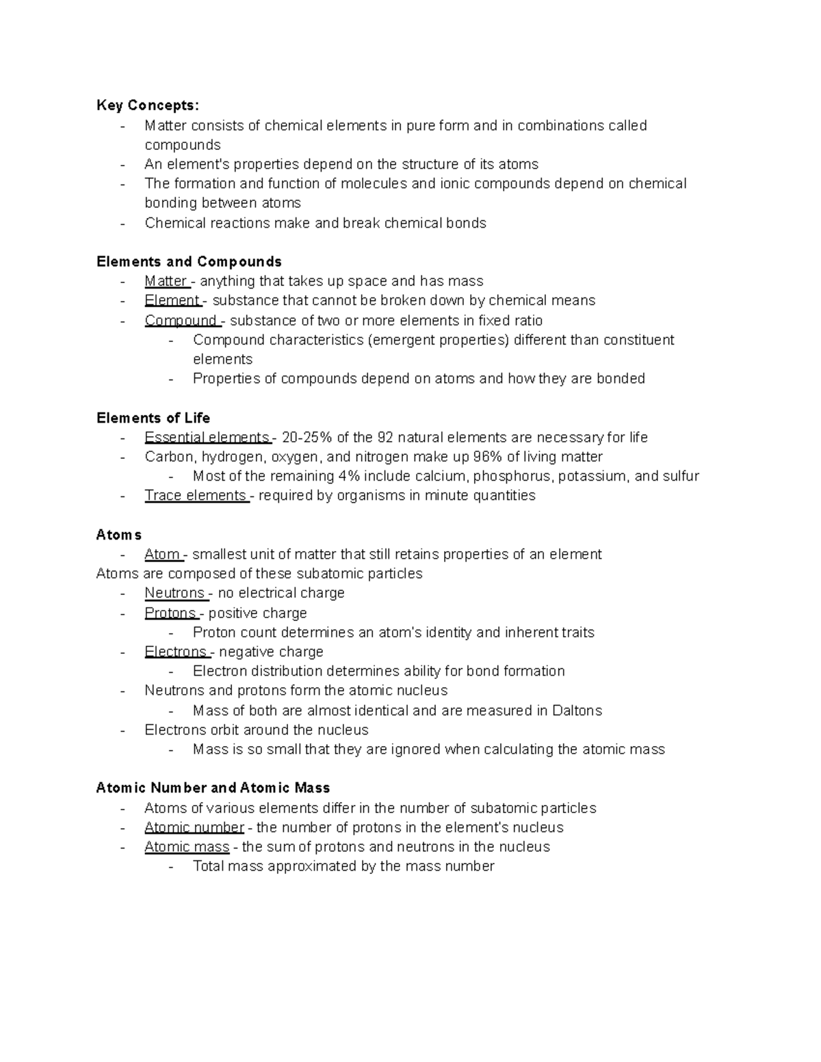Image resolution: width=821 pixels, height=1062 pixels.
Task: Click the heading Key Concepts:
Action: click(148, 105)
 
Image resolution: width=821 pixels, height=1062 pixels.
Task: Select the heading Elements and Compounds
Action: click(189, 262)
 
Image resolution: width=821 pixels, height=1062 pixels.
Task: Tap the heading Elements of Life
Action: click(153, 418)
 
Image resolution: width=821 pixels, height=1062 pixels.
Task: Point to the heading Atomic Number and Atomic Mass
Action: click(213, 788)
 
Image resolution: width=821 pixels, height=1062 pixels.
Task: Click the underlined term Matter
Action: click(166, 281)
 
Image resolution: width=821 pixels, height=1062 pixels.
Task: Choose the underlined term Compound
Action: click(181, 320)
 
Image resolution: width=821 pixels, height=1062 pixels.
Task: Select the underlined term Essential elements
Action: click(207, 437)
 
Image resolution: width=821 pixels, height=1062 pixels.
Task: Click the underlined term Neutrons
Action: click(174, 593)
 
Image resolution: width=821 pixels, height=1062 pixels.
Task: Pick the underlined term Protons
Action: click(170, 613)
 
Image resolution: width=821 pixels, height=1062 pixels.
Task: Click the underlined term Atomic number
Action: click(194, 827)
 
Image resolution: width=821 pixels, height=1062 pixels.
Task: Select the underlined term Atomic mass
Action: click(187, 847)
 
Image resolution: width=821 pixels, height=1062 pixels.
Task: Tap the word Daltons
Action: click(576, 711)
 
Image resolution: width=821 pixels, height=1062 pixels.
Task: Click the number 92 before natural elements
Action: click(385, 437)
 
